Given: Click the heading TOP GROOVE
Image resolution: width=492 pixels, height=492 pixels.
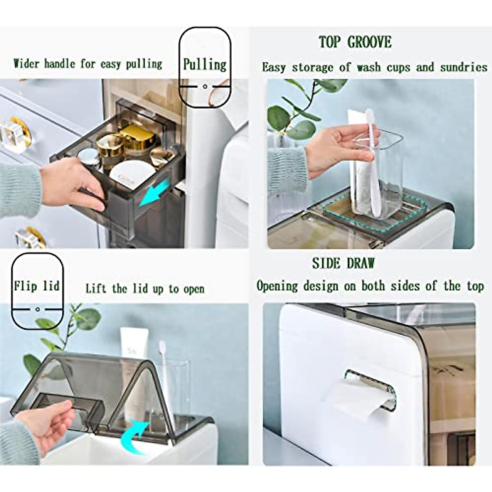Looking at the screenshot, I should (355, 42).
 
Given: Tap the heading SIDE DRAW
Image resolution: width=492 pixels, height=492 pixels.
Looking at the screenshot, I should (343, 263).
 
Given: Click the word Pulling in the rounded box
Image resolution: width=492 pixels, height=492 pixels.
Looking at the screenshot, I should (205, 65).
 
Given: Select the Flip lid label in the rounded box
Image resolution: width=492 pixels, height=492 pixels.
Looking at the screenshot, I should (37, 286).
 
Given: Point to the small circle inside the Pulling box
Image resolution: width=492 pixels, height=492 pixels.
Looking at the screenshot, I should (205, 87).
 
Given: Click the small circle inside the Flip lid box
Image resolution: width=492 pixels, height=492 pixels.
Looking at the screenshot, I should (37, 309).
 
